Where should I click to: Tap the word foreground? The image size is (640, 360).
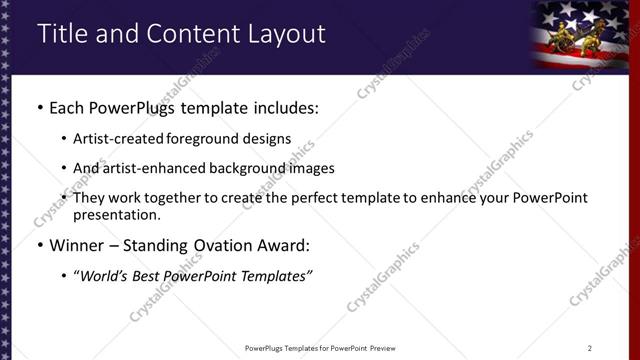pos(204,139)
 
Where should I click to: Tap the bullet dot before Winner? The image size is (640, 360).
pos(39,245)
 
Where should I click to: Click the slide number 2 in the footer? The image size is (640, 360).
pos(590,348)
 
